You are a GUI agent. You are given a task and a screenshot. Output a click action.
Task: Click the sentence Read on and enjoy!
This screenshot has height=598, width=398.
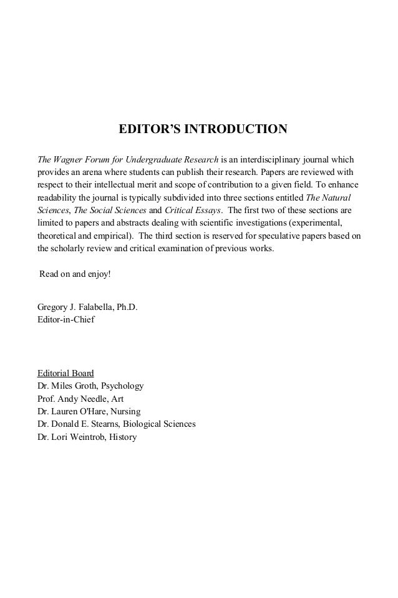tap(74, 274)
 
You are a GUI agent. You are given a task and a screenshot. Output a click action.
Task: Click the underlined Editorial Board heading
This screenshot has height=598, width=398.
tap(66, 373)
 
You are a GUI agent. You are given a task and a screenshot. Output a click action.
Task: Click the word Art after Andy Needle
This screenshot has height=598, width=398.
tap(117, 399)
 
